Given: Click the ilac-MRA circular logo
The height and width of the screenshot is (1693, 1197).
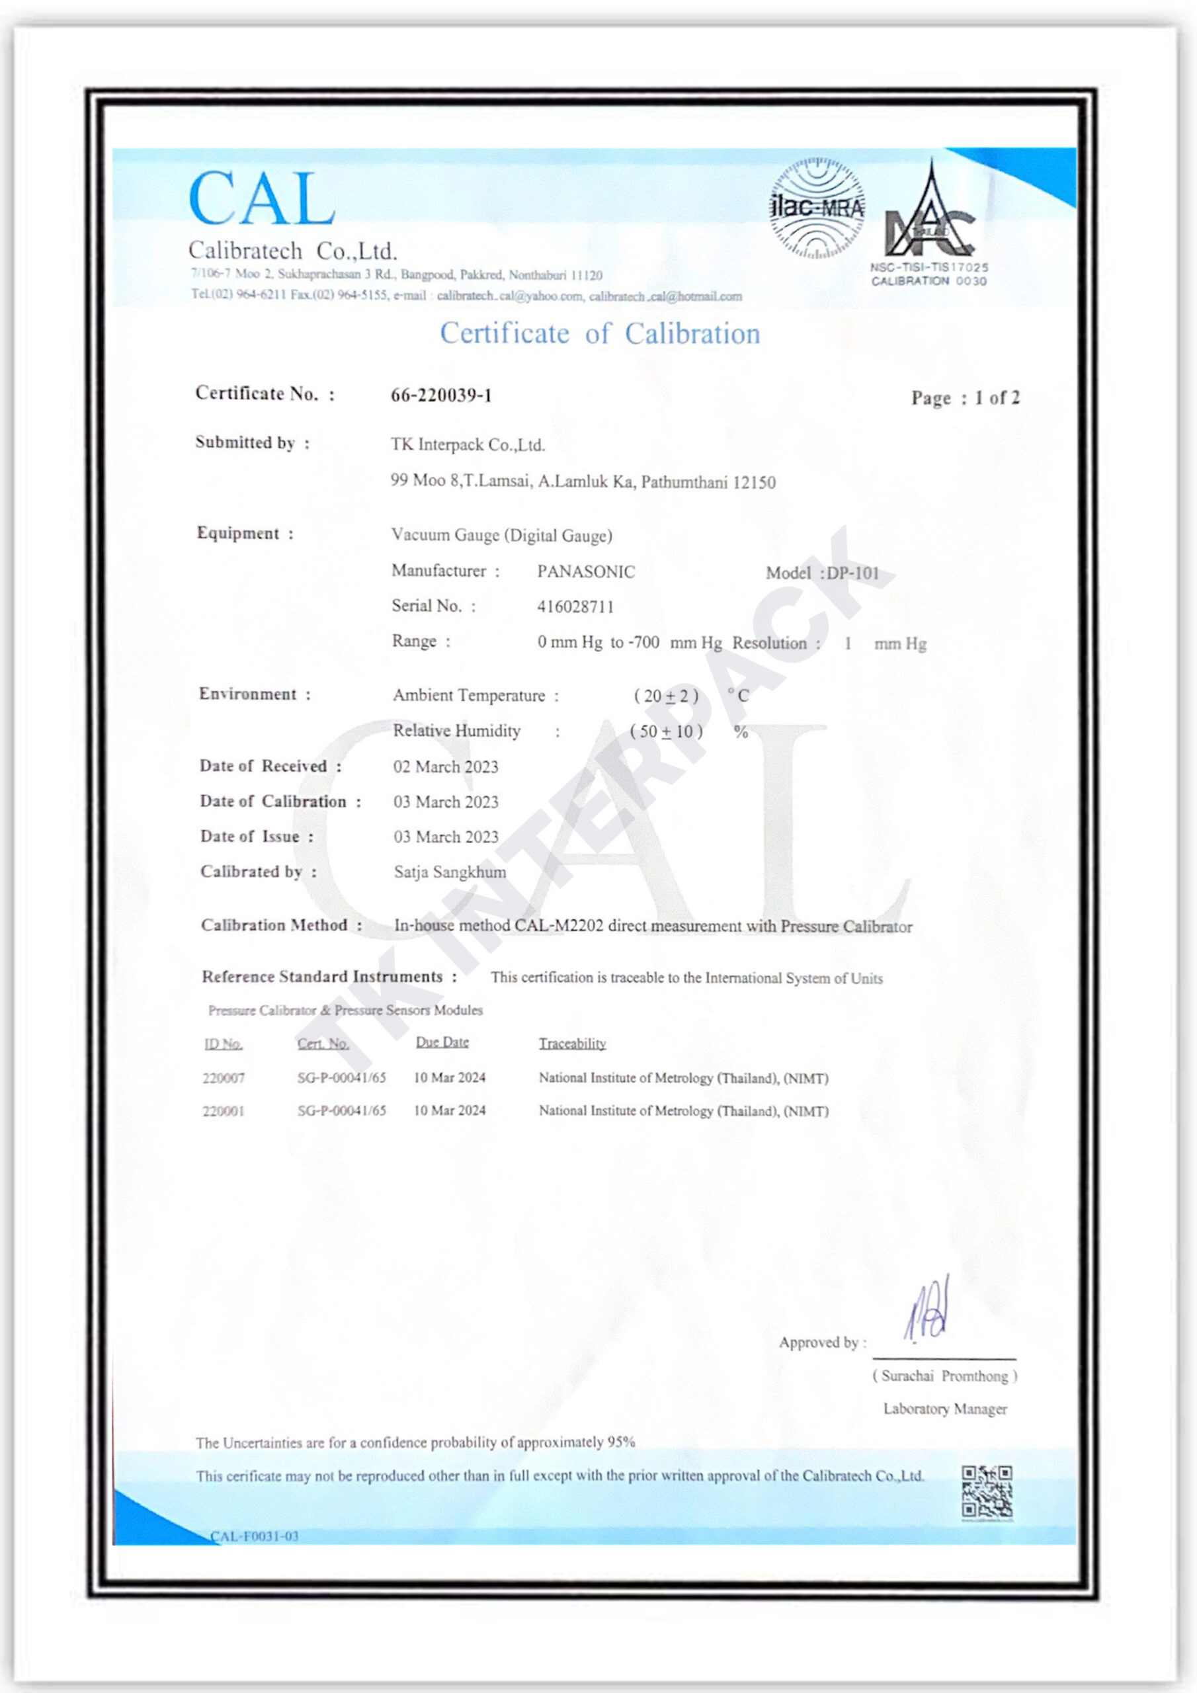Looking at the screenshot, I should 817,209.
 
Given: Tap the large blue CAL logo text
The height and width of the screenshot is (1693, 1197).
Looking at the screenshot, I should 261,199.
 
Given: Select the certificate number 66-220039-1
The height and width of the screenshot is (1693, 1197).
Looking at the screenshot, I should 441,396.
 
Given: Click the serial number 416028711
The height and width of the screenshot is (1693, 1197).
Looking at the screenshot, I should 575,607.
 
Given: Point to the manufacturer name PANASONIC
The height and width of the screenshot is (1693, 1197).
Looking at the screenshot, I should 585,571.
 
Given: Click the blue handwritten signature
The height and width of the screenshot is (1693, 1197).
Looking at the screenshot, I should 927,1309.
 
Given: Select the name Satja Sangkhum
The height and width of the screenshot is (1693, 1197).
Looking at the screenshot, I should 450,872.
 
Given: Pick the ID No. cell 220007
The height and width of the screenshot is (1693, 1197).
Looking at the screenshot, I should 224,1078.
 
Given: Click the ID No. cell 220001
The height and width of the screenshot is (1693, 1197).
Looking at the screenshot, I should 224,1111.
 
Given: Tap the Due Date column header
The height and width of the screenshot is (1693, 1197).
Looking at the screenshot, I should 442,1042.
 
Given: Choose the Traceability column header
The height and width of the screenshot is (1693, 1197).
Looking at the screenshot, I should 572,1044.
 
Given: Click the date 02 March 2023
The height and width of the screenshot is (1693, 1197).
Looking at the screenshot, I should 446,767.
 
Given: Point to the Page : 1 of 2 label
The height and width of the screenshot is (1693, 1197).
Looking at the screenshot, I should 965,398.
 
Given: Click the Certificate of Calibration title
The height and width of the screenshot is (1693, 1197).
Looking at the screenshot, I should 600,334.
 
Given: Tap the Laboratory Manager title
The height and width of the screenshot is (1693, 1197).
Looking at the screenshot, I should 945,1409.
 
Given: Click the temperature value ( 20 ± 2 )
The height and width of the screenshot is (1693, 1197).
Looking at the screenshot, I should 666,696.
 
